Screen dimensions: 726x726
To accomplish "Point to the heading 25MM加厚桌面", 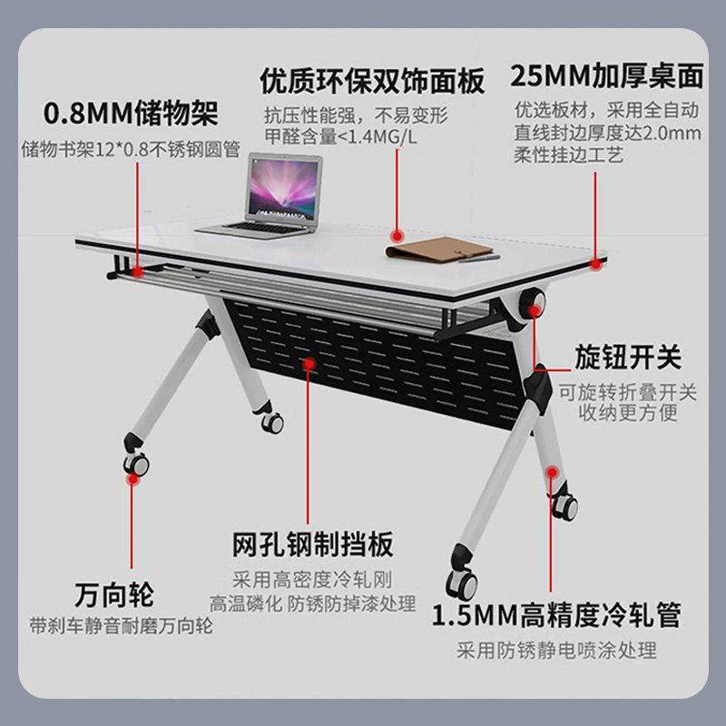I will pyautogui.click(x=606, y=75).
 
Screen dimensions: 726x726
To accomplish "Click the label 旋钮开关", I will pyautogui.click(x=627, y=357).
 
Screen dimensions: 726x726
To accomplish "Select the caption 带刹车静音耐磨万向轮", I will pyautogui.click(x=121, y=627).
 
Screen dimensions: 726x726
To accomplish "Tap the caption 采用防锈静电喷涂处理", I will pyautogui.click(x=556, y=650).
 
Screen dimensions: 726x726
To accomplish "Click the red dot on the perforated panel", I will pyautogui.click(x=310, y=364).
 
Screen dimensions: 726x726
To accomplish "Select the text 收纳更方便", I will pyautogui.click(x=626, y=415).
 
